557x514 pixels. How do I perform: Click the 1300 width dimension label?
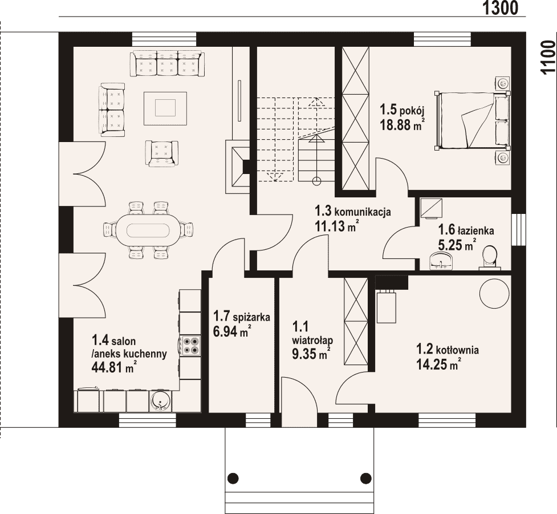tap(500, 8)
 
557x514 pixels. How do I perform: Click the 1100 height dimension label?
tap(548, 57)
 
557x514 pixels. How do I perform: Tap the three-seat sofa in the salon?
tap(168, 63)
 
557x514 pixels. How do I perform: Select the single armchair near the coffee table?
tap(162, 153)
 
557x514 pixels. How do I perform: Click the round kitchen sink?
tap(161, 401)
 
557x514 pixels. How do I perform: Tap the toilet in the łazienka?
tap(490, 257)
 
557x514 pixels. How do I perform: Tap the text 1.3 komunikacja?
tap(353, 211)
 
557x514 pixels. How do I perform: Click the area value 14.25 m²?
tap(439, 365)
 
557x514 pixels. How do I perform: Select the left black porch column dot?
tap(233, 477)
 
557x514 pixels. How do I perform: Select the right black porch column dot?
tap(365, 477)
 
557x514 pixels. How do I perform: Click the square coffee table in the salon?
tap(165, 108)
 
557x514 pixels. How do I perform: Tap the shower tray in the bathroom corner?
tap(431, 208)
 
